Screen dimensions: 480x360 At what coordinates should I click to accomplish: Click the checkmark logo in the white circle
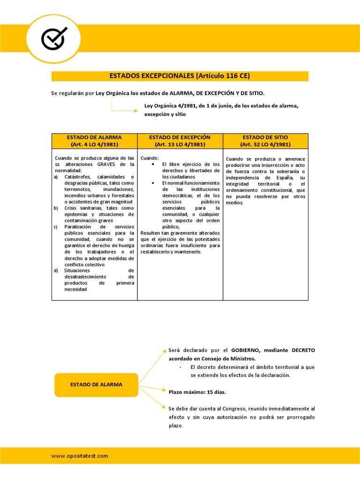(53, 38)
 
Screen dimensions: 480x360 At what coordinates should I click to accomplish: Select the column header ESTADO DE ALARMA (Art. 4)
(94, 141)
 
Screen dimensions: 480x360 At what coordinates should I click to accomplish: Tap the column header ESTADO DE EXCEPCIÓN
(180, 141)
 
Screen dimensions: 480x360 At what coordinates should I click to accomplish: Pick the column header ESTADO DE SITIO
(265, 141)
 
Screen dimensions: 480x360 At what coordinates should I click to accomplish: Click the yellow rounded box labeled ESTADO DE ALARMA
(96, 384)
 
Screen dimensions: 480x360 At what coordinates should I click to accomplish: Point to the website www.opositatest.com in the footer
(80, 456)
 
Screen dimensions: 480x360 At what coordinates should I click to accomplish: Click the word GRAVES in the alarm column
(106, 165)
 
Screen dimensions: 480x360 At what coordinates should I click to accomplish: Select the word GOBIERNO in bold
(245, 350)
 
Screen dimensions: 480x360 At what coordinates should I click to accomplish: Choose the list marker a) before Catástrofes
(56, 177)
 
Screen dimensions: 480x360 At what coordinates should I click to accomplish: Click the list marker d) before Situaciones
(56, 270)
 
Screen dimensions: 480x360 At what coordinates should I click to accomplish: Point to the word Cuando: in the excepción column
(150, 158)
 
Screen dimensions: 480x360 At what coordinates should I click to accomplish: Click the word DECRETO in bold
(303, 350)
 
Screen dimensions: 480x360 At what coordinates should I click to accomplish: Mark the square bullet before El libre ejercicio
(153, 165)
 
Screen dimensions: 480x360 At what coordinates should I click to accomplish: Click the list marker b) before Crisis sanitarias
(56, 208)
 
